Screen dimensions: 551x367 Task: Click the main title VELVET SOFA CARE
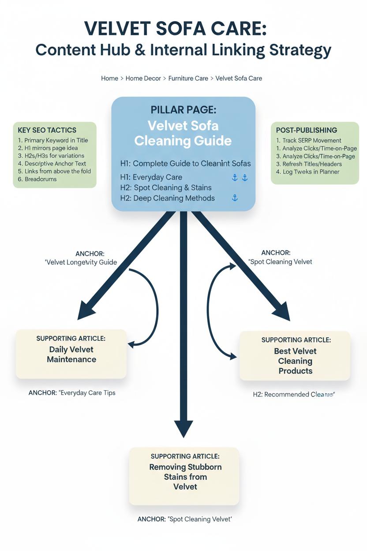click(175, 29)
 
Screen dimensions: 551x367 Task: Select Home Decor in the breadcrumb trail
click(143, 78)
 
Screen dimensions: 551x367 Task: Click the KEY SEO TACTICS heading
click(47, 130)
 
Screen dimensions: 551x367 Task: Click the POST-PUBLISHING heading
click(307, 130)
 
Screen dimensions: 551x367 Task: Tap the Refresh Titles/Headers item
click(309, 164)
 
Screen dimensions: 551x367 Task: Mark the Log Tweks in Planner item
click(308, 172)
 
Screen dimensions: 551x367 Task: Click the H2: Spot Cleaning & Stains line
click(166, 188)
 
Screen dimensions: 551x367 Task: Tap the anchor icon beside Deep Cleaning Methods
click(235, 198)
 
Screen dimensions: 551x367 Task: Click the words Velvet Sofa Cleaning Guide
click(183, 133)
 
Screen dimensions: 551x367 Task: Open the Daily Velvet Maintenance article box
click(71, 354)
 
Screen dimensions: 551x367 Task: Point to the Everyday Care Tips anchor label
click(72, 392)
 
